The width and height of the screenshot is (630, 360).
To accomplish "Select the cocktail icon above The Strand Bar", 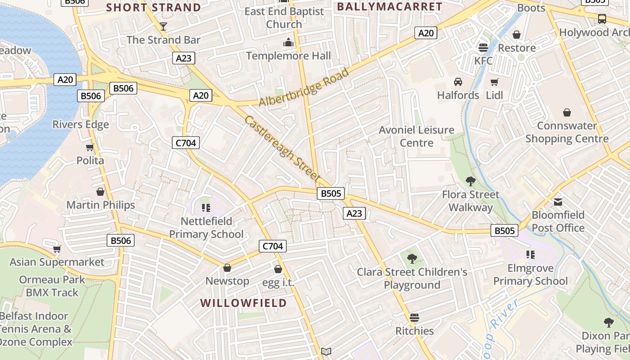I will pos(163,27).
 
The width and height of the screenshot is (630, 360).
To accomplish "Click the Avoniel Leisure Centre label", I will pos(417,136).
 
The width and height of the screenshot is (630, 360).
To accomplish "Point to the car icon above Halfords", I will pos(458,82).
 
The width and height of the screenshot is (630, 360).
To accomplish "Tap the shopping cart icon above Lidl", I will pos(494,82).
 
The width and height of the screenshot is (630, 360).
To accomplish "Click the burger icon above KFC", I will pos(483,48).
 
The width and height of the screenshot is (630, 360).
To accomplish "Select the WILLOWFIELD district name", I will pos(243,303).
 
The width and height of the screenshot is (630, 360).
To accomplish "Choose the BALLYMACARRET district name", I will pos(390,7).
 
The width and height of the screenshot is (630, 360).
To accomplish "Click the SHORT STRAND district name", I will pos(153,8).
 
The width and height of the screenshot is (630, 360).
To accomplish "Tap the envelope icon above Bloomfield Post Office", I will pos(558,202).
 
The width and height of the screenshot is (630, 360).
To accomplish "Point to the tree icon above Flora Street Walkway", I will pos(471,181).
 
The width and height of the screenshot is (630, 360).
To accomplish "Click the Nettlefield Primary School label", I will pos(207,228).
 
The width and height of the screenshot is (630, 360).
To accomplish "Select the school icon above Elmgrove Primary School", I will pos(531,255).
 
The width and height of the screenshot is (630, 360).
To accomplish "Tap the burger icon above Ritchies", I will pos(414,318).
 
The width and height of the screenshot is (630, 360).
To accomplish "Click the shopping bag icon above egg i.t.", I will pos(278,269).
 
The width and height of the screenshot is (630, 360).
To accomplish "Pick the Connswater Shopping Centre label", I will pos(567,132).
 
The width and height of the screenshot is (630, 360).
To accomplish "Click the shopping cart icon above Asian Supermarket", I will pos(57,249).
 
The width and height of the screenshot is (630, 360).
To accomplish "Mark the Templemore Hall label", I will pos(288,56).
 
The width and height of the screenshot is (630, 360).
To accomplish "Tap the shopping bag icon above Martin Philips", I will pos(100,192).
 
